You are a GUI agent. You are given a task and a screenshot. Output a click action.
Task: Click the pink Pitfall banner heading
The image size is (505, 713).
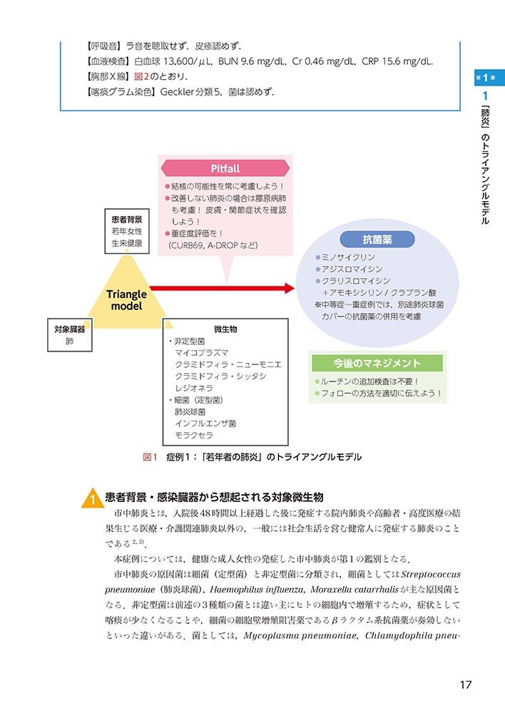pyautogui.click(x=225, y=168)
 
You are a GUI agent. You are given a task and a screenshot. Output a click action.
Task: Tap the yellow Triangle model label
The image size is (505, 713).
pyautogui.click(x=126, y=299)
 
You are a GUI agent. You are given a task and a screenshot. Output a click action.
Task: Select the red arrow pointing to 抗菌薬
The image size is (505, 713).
pyautogui.click(x=221, y=288)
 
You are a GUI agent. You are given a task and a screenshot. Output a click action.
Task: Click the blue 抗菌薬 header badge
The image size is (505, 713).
pyautogui.click(x=377, y=240)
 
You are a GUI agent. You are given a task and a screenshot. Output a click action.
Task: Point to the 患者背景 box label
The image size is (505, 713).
pyautogui.click(x=127, y=220)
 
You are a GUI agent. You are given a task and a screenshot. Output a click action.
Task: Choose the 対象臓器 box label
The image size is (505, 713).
pyautogui.click(x=69, y=329)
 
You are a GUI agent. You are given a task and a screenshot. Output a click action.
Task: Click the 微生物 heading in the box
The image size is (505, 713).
pyautogui.click(x=225, y=329)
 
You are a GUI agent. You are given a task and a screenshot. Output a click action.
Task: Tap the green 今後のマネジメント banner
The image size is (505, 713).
pyautogui.click(x=377, y=364)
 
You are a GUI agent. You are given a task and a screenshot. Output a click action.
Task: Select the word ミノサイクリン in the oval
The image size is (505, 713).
pyautogui.click(x=349, y=257)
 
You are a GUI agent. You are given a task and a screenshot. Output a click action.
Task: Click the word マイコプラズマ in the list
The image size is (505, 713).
pyautogui.click(x=202, y=353)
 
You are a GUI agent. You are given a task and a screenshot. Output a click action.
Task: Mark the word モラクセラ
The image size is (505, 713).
pyautogui.click(x=193, y=435)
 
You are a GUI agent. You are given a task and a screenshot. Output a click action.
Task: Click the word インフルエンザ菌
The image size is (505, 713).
pyautogui.click(x=205, y=424)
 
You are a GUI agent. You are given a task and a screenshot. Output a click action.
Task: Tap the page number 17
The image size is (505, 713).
pyautogui.click(x=466, y=685)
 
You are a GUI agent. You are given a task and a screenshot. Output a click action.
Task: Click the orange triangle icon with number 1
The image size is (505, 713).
pyautogui.click(x=93, y=498)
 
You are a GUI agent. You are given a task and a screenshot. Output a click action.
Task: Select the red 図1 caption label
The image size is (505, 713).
pyautogui.click(x=150, y=457)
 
